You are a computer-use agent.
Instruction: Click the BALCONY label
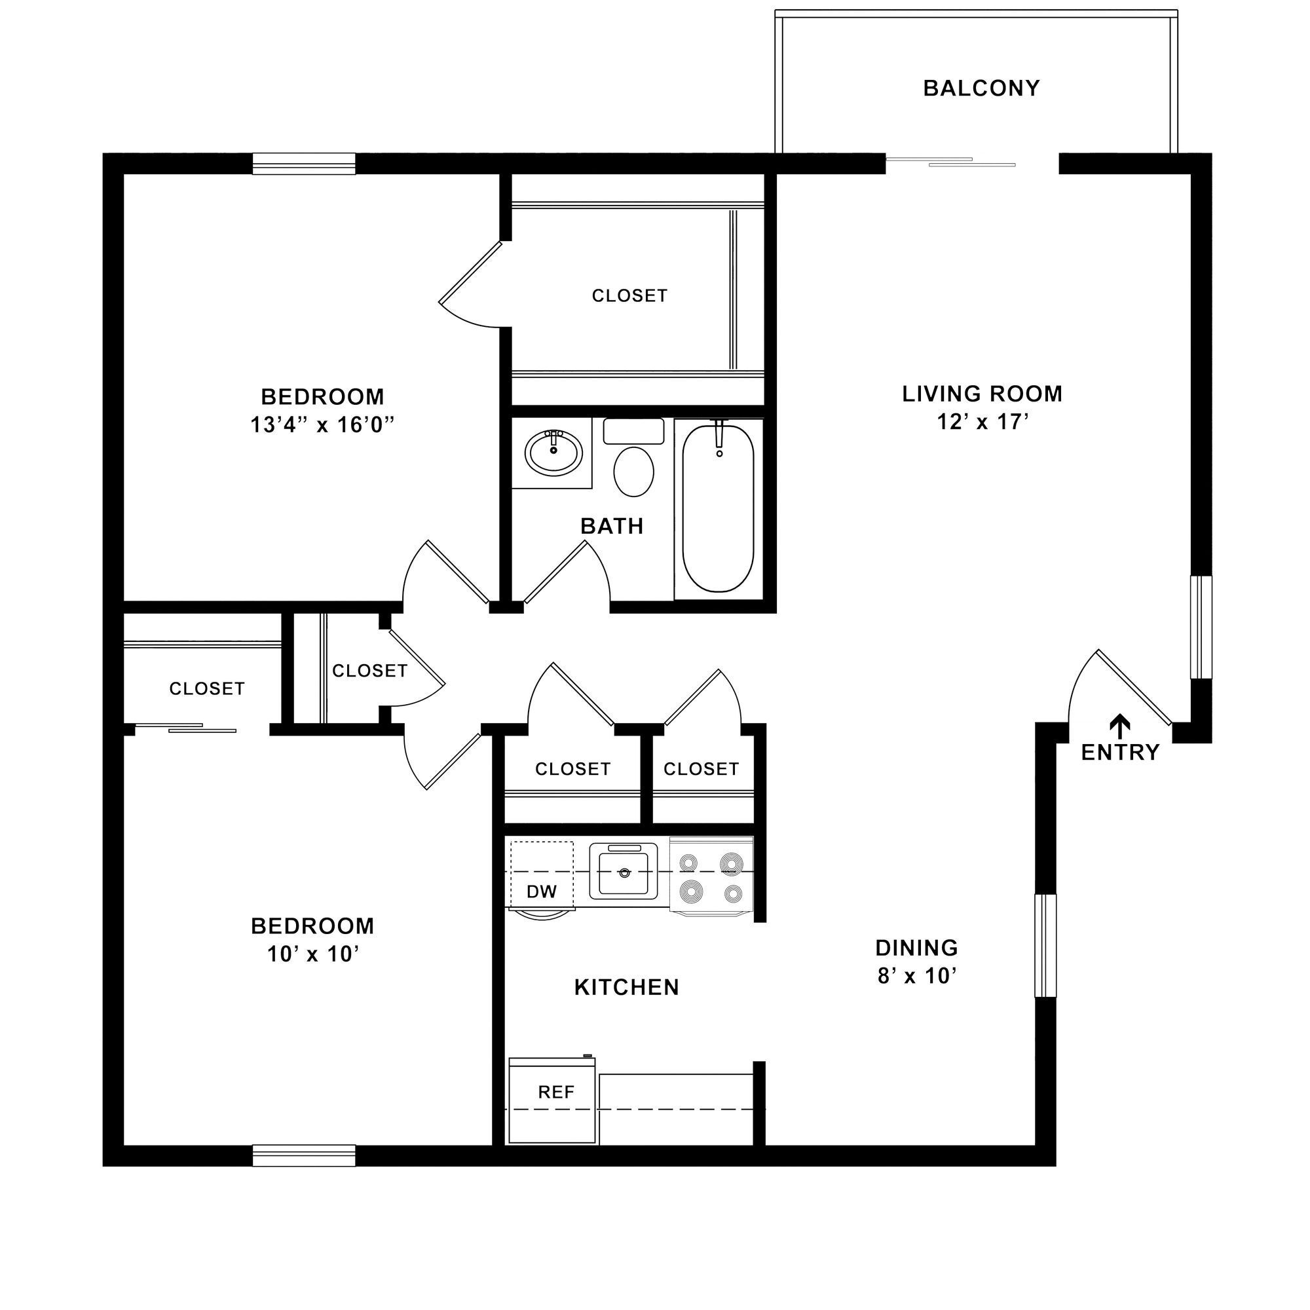(x=981, y=89)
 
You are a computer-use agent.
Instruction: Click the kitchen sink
(x=623, y=872)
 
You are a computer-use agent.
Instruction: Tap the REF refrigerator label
(x=555, y=1093)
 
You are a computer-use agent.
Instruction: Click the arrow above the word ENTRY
(x=1119, y=726)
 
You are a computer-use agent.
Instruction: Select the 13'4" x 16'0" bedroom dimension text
(x=322, y=425)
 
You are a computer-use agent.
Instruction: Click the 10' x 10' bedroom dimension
(x=312, y=955)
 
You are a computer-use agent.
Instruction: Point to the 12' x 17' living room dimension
(x=982, y=422)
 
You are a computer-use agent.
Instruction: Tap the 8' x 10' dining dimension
(x=917, y=977)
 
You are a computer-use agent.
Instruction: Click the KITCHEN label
(x=627, y=987)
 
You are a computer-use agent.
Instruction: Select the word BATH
(x=612, y=526)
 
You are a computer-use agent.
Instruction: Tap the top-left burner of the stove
(x=689, y=863)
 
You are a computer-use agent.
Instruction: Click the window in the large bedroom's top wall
(x=304, y=164)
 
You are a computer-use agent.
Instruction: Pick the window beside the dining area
(x=1045, y=946)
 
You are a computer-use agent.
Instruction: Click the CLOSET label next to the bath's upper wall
(x=629, y=295)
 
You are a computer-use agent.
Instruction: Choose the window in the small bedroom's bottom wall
(x=304, y=1155)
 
